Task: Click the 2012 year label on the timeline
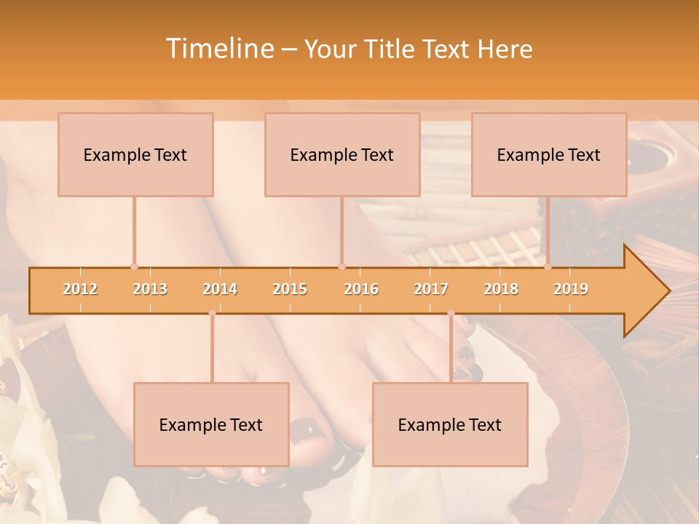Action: [80, 289]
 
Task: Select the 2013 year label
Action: [150, 289]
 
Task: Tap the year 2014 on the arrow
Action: [220, 289]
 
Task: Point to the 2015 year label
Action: [290, 289]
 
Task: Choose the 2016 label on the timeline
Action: [361, 289]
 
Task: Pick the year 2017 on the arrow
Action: [431, 289]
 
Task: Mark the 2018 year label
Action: [501, 289]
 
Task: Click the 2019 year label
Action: [571, 289]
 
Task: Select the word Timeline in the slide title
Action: [218, 49]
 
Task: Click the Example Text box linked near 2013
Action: [135, 154]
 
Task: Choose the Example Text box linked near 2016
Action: [342, 154]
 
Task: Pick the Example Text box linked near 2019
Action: [549, 154]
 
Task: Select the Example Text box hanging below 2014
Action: [211, 424]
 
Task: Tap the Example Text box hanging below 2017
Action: [450, 424]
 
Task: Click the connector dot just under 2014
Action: [212, 313]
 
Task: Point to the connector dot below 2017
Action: [451, 313]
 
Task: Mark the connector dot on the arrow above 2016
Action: [341, 266]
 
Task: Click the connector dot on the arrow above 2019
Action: [548, 266]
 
